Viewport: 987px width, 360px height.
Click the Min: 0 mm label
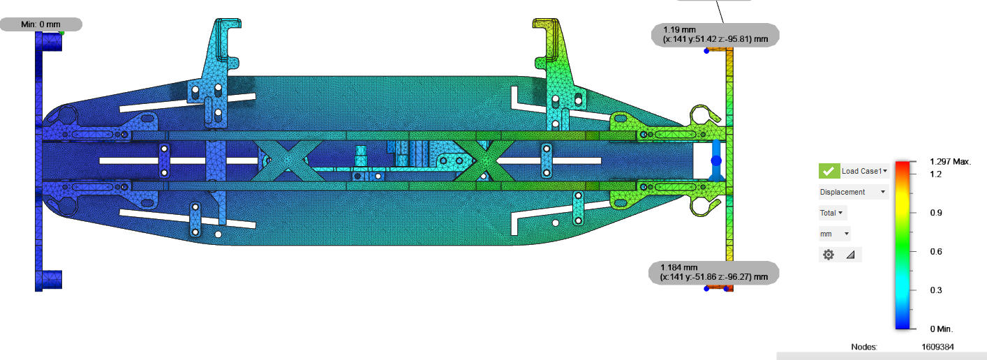tap(41, 24)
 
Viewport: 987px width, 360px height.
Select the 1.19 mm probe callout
tap(715, 35)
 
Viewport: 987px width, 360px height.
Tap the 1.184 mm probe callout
tap(714, 273)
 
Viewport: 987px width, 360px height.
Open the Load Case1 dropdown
tap(864, 171)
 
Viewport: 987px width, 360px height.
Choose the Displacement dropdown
tap(853, 192)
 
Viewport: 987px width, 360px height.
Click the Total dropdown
tap(832, 213)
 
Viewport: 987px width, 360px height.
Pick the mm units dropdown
tap(834, 234)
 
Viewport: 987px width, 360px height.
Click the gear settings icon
tap(829, 255)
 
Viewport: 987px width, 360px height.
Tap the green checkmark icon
tap(829, 171)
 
